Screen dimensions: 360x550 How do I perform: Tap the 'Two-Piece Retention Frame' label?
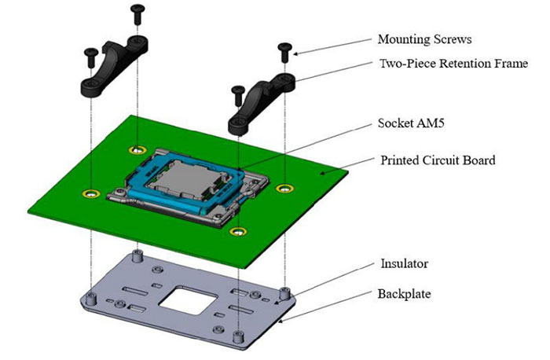click(453, 64)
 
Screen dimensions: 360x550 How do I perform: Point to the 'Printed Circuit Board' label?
click(438, 161)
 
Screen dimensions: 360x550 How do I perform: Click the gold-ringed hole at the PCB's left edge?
click(91, 193)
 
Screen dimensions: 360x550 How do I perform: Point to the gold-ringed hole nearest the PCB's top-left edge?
click(138, 149)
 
